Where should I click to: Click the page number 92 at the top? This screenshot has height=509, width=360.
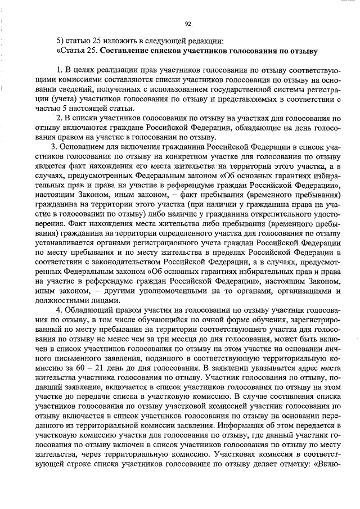pyautogui.click(x=188, y=24)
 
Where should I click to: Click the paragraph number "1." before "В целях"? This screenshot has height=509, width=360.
pyautogui.click(x=60, y=70)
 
